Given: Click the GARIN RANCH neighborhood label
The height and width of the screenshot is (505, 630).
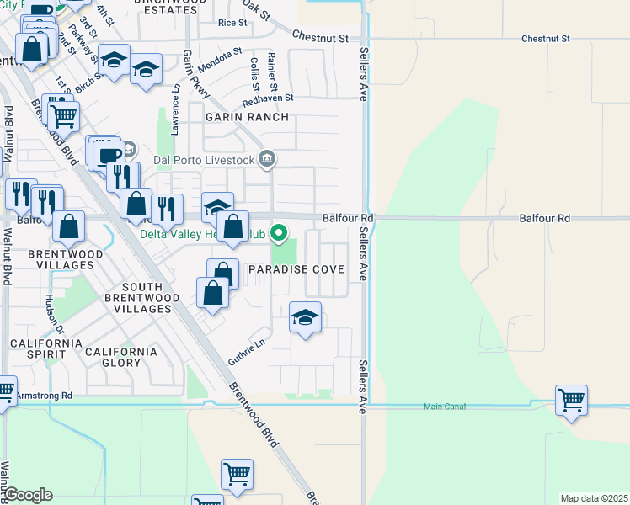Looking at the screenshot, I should [247, 118].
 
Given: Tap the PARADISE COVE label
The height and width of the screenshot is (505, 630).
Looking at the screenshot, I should [296, 269].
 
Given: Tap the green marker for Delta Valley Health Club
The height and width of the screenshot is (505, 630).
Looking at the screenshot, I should [282, 233].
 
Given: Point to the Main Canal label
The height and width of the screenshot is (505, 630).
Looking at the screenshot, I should [444, 407].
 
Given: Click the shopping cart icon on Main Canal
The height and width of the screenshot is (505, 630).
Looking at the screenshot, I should [571, 400].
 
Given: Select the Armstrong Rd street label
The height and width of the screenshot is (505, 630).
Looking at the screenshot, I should [45, 395].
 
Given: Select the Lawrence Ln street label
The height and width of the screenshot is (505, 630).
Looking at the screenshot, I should [175, 108].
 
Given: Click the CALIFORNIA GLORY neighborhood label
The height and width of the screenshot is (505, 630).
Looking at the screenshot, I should [120, 357].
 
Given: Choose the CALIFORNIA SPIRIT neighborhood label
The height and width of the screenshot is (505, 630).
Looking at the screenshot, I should [46, 350].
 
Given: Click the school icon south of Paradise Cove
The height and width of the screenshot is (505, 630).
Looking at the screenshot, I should [306, 317].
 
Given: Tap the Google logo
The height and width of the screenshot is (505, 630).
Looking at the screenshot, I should [28, 495].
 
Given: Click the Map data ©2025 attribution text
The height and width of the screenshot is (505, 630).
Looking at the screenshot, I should [594, 498].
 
